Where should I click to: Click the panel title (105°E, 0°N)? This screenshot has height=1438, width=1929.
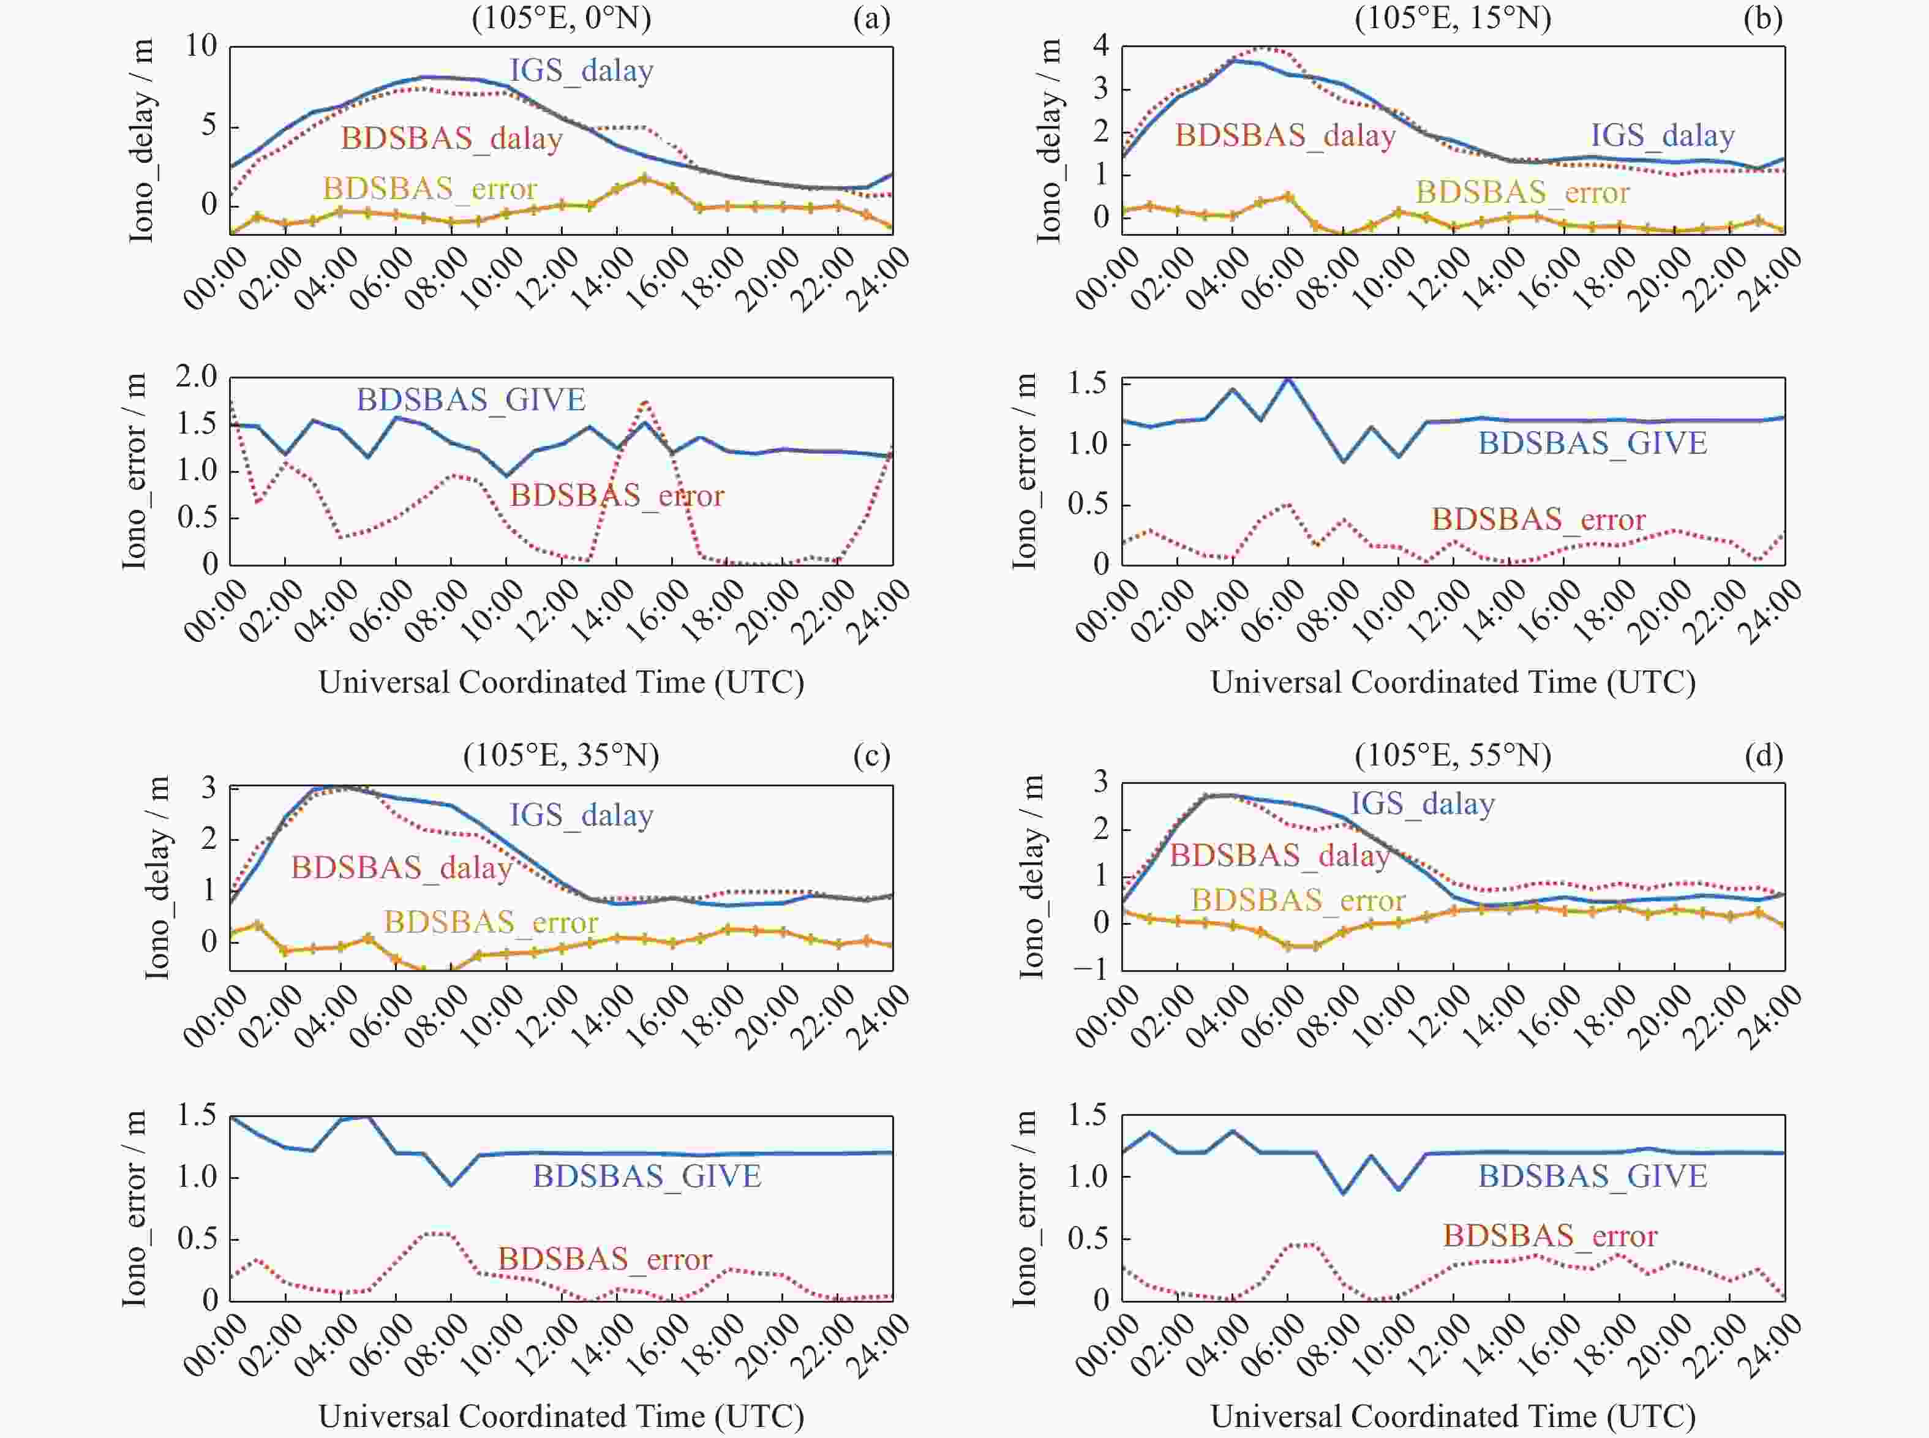(562, 18)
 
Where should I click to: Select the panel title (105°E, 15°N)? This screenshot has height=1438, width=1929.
(1453, 18)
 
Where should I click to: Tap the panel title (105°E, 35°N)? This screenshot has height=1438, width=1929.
(562, 754)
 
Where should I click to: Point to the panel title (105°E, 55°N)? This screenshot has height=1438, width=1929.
(1453, 754)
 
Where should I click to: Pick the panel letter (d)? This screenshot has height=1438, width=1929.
(1764, 754)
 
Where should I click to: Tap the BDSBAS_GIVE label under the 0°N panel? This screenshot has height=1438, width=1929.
(471, 399)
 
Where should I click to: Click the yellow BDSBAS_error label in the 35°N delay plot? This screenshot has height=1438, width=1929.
(491, 922)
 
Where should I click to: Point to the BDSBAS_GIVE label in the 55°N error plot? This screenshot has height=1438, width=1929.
(1592, 1176)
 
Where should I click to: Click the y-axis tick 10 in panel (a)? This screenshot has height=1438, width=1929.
(201, 45)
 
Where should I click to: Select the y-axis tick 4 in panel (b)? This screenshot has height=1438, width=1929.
(1101, 45)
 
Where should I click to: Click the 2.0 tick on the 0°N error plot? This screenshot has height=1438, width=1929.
(196, 377)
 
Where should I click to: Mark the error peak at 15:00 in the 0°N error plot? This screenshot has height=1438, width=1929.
(644, 401)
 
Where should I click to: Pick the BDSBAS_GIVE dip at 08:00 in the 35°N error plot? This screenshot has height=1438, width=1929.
(451, 1184)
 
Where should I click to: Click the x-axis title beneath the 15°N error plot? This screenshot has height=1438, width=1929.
(1453, 682)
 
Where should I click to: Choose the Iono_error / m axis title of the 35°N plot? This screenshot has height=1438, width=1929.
(134, 1208)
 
